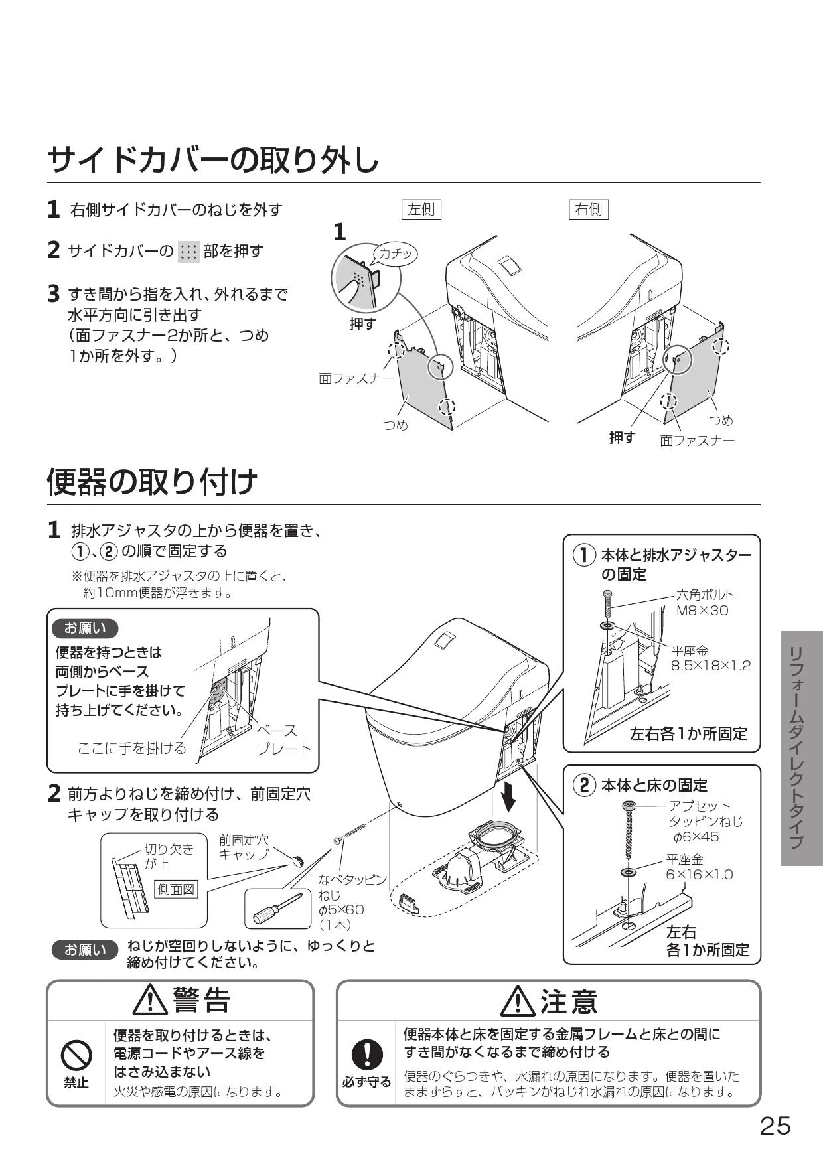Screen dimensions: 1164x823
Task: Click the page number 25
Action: tap(775, 1126)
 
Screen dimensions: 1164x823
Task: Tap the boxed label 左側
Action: tap(421, 210)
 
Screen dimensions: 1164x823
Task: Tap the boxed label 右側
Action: tap(589, 210)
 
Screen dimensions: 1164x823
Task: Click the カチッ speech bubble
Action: tap(396, 254)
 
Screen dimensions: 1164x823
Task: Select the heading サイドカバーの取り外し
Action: tap(213, 160)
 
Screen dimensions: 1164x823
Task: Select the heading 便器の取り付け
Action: tap(152, 482)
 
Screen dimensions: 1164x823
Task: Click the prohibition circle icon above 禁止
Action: tap(76, 1053)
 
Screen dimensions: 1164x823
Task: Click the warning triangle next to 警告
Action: tap(150, 1001)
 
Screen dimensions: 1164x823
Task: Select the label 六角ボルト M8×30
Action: tap(704, 603)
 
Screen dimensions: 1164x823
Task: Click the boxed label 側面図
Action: tap(176, 889)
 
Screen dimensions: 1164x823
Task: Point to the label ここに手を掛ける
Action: tap(132, 748)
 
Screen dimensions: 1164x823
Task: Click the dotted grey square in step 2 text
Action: tap(188, 252)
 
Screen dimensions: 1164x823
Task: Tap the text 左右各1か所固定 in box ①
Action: tap(688, 733)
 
